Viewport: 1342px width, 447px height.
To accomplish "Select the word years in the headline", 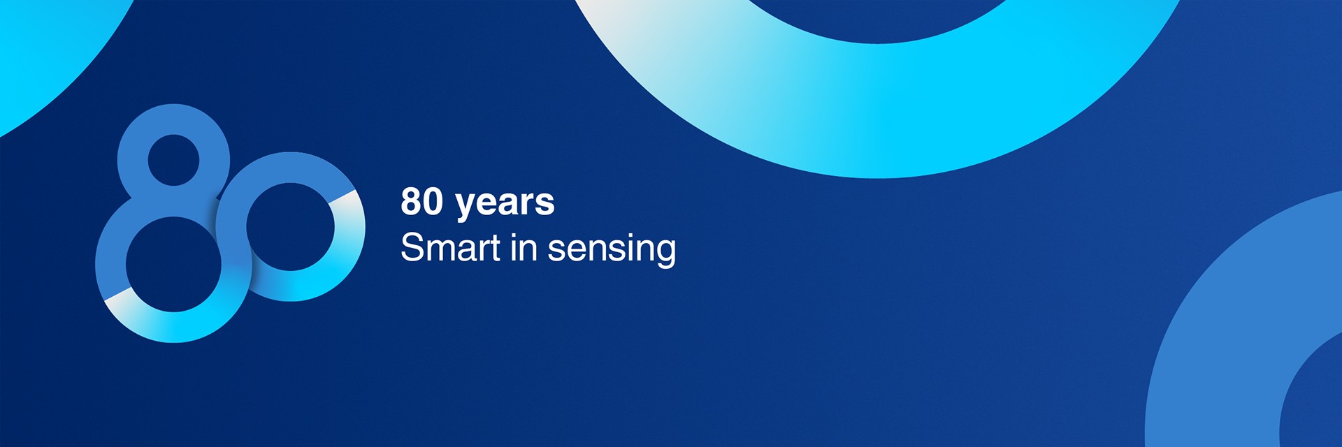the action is pos(505,204).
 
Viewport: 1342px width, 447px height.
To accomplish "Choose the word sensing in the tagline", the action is pos(612,250).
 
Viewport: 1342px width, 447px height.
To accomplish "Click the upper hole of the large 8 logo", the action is pos(173,160).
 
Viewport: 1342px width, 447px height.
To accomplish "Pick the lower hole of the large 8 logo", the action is pos(173,264).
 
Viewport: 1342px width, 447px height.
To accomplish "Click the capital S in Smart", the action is pos(412,248).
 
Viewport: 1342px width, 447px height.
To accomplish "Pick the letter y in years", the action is pos(466,207).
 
